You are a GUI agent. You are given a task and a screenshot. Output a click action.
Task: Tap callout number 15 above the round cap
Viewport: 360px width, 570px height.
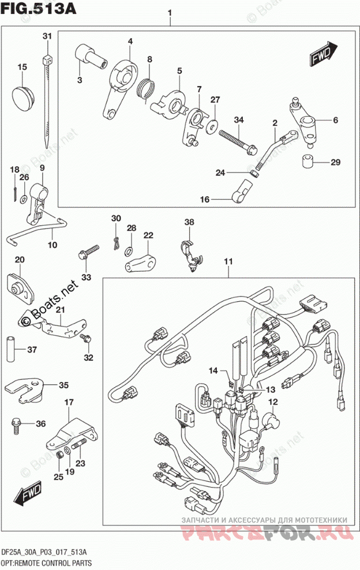click(x=22, y=67)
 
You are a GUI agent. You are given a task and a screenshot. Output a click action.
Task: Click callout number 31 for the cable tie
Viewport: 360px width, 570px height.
click(x=47, y=36)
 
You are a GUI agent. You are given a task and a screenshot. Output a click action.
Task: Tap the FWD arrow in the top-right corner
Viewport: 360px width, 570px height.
click(x=324, y=53)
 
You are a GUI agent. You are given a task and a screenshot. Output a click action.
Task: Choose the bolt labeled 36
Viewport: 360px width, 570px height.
click(x=14, y=426)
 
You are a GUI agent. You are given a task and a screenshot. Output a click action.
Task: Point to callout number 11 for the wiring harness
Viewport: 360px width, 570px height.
click(x=228, y=263)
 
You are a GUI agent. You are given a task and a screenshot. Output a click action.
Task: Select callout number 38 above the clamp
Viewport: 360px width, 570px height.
click(x=189, y=222)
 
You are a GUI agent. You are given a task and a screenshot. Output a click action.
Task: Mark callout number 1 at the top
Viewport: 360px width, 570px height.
click(x=170, y=12)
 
